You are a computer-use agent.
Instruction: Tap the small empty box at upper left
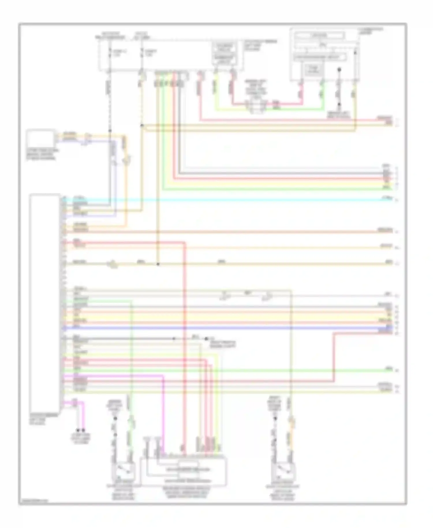[40, 139]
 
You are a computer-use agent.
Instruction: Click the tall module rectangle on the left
[45, 303]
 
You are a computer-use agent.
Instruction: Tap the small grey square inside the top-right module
[313, 70]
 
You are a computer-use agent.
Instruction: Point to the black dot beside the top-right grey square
[339, 70]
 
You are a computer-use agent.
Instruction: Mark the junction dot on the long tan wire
[158, 264]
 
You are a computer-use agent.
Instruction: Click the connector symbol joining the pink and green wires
[256, 106]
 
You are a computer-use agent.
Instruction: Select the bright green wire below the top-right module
[322, 95]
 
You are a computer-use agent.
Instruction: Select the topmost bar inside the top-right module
[319, 36]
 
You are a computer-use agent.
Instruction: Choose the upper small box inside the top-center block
[225, 47]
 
